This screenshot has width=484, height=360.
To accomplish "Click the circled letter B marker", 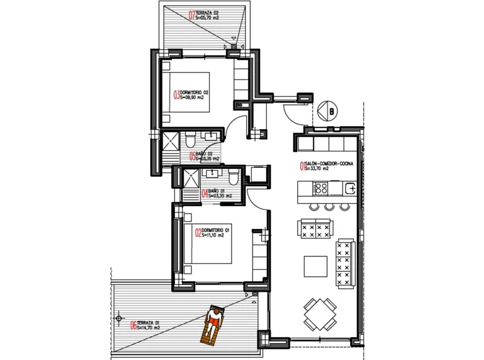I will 332,112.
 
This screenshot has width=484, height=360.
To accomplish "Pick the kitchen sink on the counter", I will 351,187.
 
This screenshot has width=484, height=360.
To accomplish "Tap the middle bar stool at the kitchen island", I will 329,207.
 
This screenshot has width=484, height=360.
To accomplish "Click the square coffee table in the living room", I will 315,266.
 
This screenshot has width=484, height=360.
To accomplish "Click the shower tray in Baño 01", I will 187,178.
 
